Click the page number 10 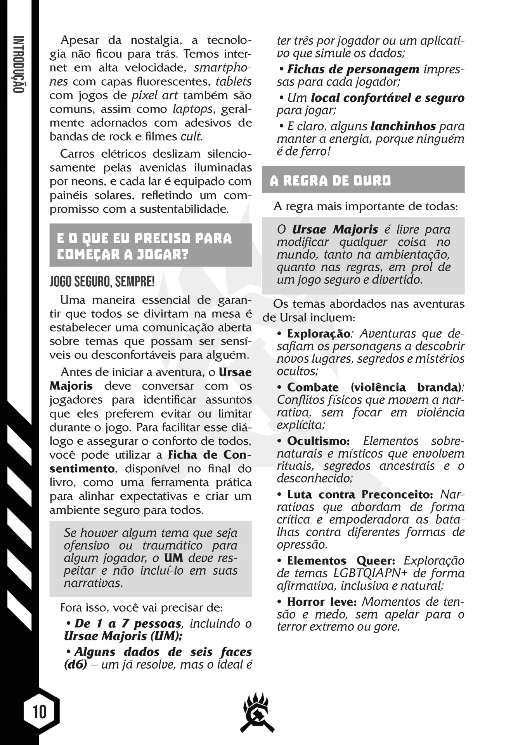coord(40,712)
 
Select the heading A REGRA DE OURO coord(330,181)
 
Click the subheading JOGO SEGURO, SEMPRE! coord(102,281)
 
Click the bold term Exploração coord(319,334)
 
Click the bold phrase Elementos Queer coord(341,561)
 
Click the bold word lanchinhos coord(403,126)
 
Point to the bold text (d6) coord(75,664)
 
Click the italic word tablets coord(234,81)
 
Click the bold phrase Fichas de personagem coord(353,69)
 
